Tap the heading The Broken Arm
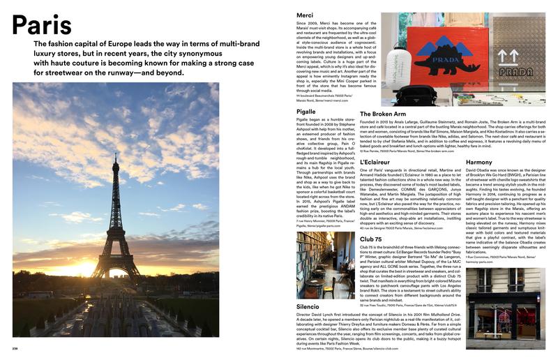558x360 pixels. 382,114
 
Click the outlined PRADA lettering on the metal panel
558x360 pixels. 515,72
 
